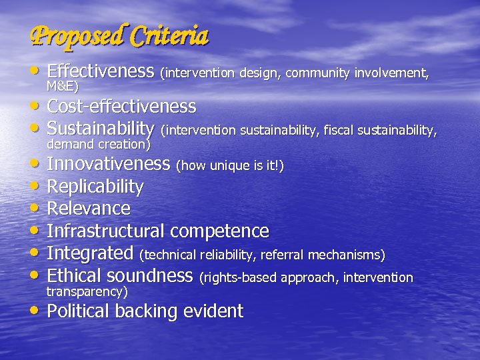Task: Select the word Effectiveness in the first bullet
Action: point(101,71)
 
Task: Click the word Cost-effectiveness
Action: point(121,107)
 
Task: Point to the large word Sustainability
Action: point(101,127)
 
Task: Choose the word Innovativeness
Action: point(109,164)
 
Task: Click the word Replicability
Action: point(95,187)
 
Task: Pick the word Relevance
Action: point(89,209)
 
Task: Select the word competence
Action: point(219,231)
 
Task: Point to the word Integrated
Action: point(90,253)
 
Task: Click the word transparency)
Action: point(86,291)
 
